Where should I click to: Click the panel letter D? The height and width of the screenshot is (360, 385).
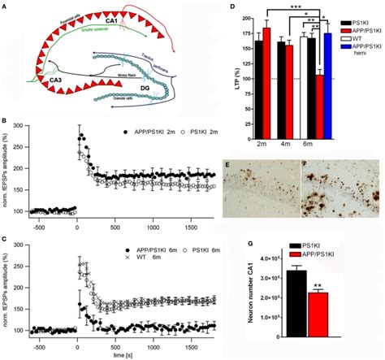pos(233,6)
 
